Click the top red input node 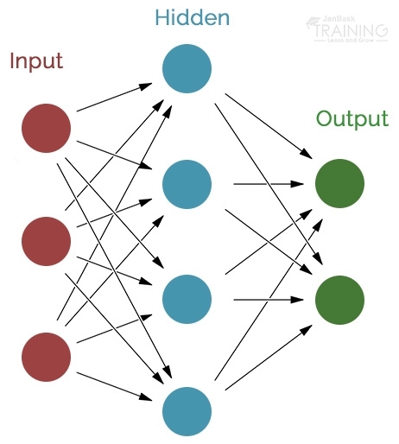[46, 128]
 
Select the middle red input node [46, 241]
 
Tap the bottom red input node [46, 357]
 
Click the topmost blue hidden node [187, 67]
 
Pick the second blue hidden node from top [187, 183]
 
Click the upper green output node [339, 183]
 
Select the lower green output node [339, 300]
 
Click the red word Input [35, 61]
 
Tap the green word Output [351, 118]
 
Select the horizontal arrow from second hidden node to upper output [268, 184]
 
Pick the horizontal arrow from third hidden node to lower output [268, 300]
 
